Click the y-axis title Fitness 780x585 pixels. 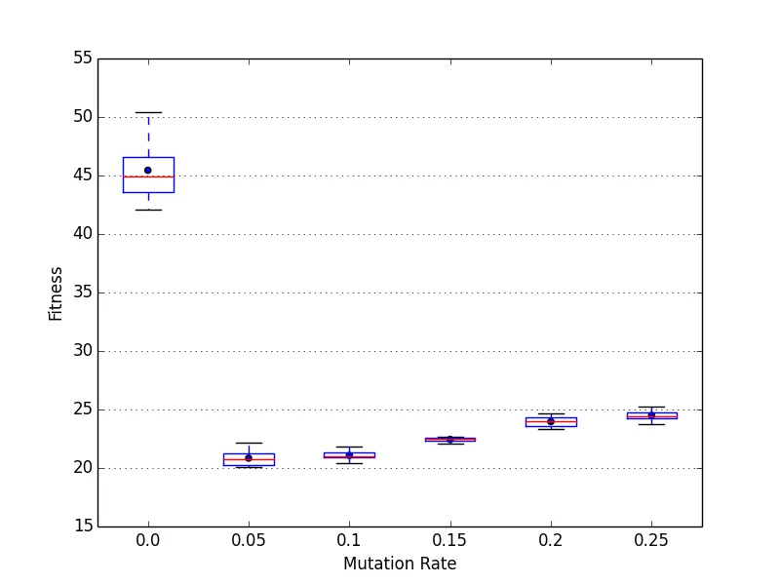[56, 293]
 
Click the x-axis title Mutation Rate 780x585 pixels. [400, 564]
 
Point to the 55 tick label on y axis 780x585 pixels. [82, 58]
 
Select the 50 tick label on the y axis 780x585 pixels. [82, 117]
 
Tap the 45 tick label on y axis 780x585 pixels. [82, 175]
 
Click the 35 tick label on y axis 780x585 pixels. [82, 292]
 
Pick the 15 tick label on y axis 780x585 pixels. [82, 526]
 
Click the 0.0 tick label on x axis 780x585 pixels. [148, 540]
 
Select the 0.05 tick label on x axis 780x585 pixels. [249, 540]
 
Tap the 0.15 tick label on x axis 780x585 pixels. [449, 540]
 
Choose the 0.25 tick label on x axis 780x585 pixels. [651, 540]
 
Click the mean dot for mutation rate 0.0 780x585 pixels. [148, 170]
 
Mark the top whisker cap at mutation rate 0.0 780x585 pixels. [148, 112]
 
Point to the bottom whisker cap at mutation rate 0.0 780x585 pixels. [148, 210]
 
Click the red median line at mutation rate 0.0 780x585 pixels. [148, 176]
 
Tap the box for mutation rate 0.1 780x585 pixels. [349, 455]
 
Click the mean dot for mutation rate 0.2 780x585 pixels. [551, 421]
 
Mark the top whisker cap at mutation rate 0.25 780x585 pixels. [651, 407]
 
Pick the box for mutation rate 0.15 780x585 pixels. [449, 440]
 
